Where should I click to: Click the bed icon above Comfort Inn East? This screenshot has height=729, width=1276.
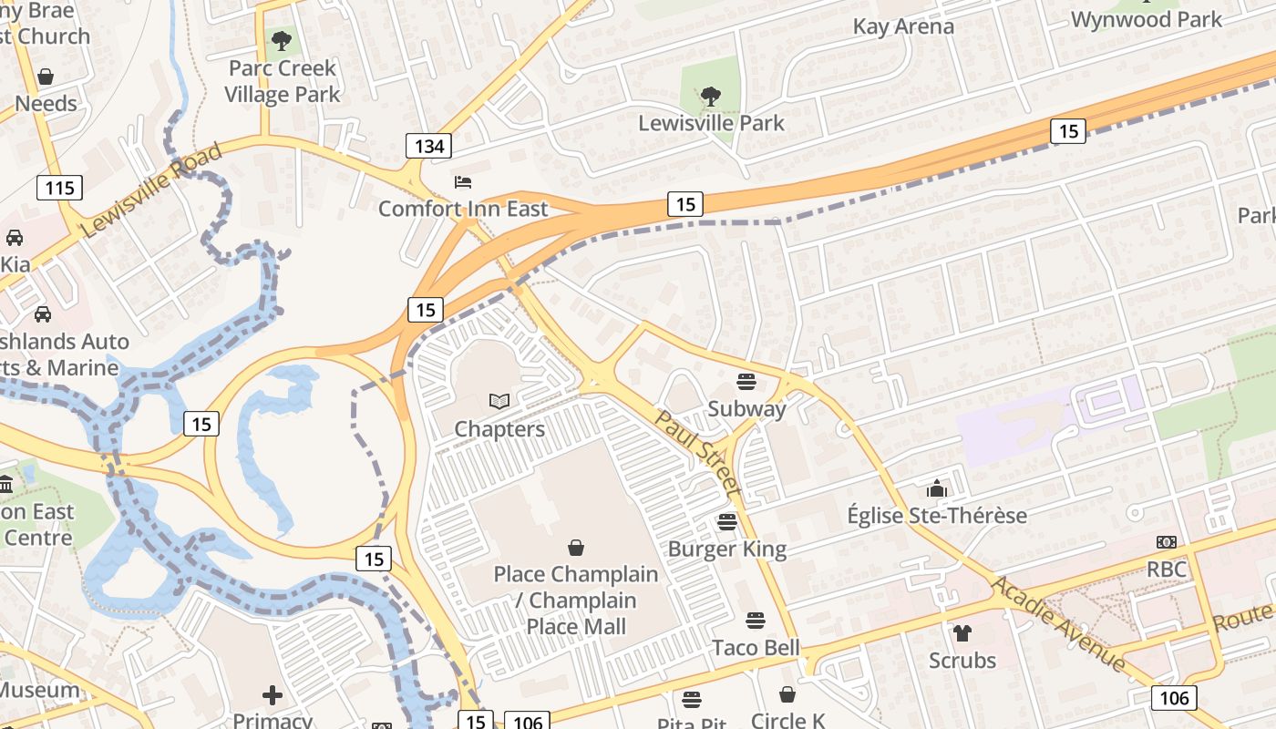point(463,182)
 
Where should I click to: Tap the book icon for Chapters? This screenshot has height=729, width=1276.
point(499,401)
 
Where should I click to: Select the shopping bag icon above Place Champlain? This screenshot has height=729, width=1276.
point(576,548)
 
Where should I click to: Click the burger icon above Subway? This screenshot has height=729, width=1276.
point(746,381)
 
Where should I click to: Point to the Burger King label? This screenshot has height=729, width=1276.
point(726,549)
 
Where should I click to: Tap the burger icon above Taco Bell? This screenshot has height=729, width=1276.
point(755,621)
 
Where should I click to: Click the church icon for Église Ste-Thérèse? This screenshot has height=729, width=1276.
point(936,489)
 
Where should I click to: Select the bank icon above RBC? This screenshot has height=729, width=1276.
point(1166,542)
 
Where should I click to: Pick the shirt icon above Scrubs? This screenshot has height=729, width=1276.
point(962,632)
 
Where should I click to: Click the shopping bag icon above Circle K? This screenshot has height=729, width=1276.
point(787,694)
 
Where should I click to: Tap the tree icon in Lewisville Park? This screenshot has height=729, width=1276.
point(710,95)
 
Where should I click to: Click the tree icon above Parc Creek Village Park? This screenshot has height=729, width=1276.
point(282,41)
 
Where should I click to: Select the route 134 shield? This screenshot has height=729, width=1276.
point(428,146)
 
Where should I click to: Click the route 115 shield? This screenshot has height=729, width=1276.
point(60,189)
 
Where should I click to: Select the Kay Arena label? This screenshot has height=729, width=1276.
point(903,26)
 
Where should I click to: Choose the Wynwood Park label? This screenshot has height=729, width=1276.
point(1146,19)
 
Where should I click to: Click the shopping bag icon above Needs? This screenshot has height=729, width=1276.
point(46,77)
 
